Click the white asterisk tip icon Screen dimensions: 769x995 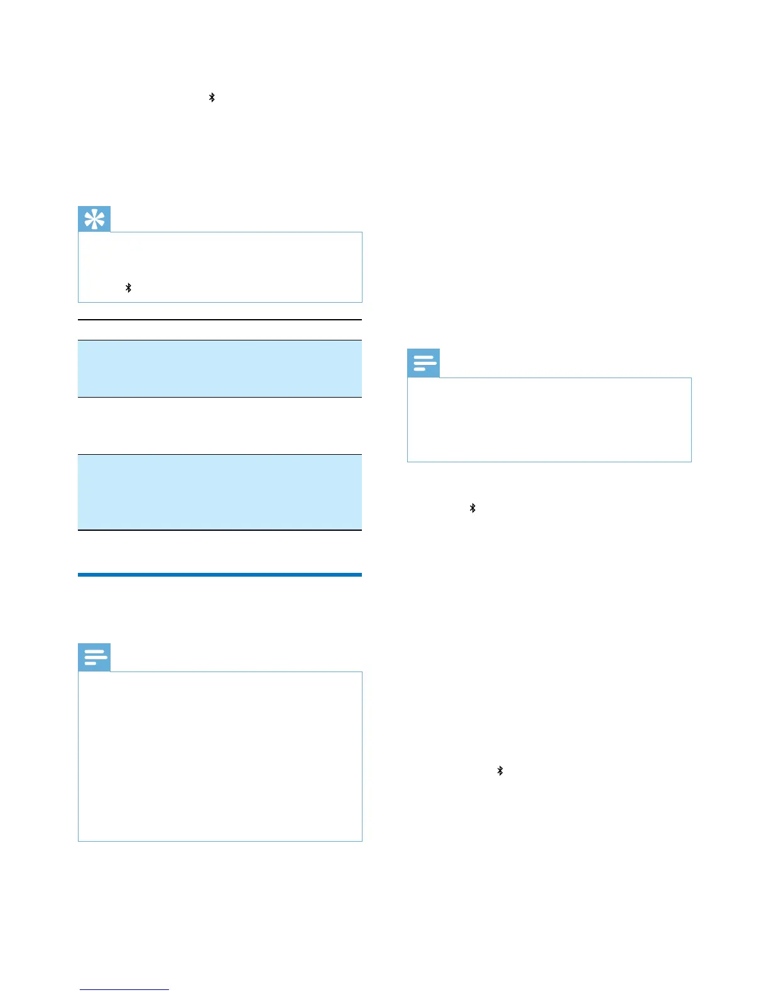click(x=94, y=219)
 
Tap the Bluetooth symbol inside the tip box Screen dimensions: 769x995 click(x=128, y=288)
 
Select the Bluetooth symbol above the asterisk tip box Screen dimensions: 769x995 click(x=212, y=97)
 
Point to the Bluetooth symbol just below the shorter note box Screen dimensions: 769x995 click(x=472, y=508)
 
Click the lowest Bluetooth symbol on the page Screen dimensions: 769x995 click(x=500, y=771)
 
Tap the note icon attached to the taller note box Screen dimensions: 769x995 click(x=94, y=658)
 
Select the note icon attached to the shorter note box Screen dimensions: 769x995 click(x=423, y=364)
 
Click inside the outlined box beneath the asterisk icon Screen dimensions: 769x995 click(x=220, y=267)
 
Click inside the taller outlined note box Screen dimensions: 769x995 click(x=220, y=756)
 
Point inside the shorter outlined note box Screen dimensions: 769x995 click(x=549, y=420)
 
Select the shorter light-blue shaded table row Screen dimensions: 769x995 click(x=220, y=369)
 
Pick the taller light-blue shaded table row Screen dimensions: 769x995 click(x=220, y=492)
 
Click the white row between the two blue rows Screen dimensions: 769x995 click(x=220, y=426)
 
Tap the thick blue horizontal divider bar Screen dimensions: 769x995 click(x=220, y=574)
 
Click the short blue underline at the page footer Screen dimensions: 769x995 click(x=124, y=989)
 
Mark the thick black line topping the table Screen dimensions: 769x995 click(x=220, y=320)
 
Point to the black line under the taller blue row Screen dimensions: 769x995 click(x=220, y=530)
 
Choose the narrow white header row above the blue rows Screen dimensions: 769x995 click(x=220, y=330)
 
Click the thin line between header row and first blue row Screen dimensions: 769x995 click(x=220, y=340)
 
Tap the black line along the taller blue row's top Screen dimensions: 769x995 click(x=220, y=454)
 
